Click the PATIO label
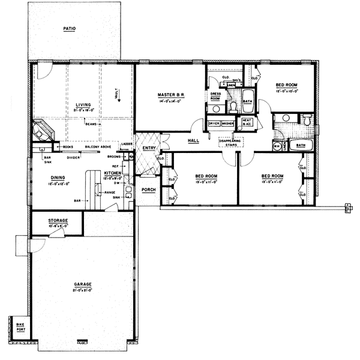(72, 28)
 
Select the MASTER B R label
(170, 95)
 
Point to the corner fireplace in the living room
(43, 131)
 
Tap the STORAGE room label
(58, 221)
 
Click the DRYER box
(214, 124)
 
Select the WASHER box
(227, 124)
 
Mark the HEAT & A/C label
(246, 122)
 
